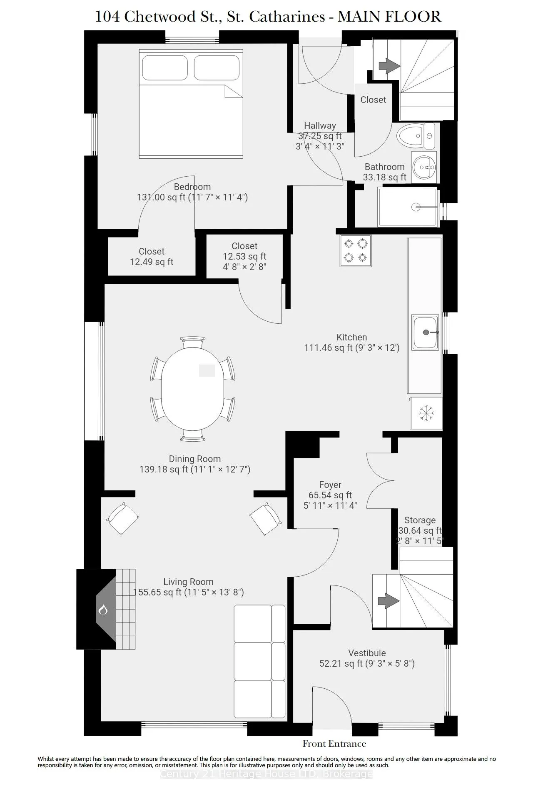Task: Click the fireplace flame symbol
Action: [103, 610]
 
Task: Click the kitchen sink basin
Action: [425, 332]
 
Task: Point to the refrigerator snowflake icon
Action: [426, 413]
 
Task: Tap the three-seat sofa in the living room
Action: [259, 661]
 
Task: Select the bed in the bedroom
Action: [191, 104]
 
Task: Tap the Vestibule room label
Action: [367, 653]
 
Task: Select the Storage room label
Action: [420, 520]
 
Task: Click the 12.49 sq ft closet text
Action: [152, 262]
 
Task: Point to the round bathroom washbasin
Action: [425, 167]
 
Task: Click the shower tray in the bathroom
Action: [408, 207]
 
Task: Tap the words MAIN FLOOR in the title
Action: [389, 17]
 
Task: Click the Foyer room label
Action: [330, 485]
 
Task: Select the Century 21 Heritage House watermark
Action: [266, 774]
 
